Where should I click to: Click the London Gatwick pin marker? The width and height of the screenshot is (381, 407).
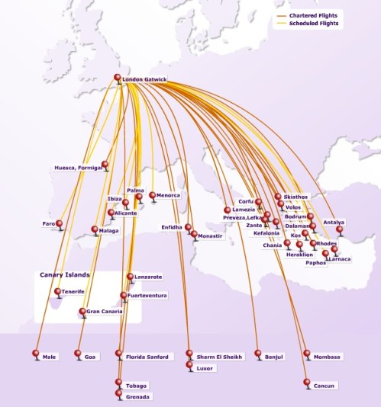click(118, 78)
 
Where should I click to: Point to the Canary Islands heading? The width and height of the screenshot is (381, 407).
click(65, 274)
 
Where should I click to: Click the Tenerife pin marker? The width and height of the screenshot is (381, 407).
click(58, 292)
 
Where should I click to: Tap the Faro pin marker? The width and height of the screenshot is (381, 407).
click(60, 224)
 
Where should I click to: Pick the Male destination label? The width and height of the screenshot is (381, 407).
click(50, 357)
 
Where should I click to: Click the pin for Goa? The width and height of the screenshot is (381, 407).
click(78, 354)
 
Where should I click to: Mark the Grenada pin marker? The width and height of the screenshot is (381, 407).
click(118, 393)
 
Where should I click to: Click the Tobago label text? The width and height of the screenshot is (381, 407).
click(137, 386)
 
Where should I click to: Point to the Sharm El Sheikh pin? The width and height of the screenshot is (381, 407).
click(189, 354)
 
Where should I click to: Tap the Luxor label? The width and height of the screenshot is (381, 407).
click(205, 367)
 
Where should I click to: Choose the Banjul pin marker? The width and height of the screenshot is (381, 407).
click(259, 354)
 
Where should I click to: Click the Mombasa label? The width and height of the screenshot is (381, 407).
click(327, 357)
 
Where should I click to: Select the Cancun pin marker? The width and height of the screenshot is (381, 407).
click(307, 383)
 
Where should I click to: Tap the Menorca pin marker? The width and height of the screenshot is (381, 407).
click(152, 195)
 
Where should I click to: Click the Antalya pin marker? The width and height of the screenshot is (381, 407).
click(340, 229)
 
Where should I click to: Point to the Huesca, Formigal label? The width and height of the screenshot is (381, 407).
click(78, 168)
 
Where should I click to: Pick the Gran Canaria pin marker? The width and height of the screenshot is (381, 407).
click(82, 311)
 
